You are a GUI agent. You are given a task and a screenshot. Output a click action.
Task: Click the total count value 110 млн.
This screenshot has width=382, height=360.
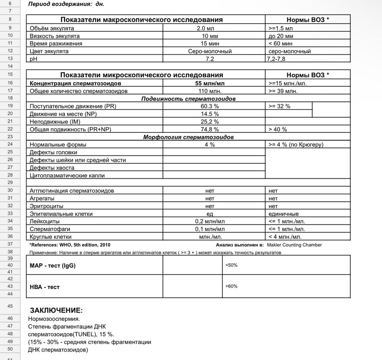coord(209,91)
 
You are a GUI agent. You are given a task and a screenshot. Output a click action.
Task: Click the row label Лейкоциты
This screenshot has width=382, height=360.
coord(45,221)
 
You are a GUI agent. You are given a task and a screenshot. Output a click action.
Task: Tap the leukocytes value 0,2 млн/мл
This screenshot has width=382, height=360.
coord(209,221)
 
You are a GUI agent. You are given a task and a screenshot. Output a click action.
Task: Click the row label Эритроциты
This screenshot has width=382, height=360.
coord(46,206)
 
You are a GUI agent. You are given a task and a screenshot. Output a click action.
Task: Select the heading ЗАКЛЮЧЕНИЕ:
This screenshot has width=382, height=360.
coord(56,310)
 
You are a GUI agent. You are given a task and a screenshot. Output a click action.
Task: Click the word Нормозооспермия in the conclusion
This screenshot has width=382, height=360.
coord(54,318)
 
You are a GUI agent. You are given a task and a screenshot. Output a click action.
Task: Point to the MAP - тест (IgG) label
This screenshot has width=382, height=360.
coord(53,266)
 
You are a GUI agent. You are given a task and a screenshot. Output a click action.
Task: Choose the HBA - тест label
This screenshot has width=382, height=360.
coord(45,286)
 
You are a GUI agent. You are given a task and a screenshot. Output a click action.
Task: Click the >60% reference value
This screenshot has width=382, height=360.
coord(231,286)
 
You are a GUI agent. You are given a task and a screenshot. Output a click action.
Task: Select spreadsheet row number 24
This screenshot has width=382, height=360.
coord(10,145)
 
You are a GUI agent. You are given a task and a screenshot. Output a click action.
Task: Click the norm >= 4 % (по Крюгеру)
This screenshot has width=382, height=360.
coord(296,145)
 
